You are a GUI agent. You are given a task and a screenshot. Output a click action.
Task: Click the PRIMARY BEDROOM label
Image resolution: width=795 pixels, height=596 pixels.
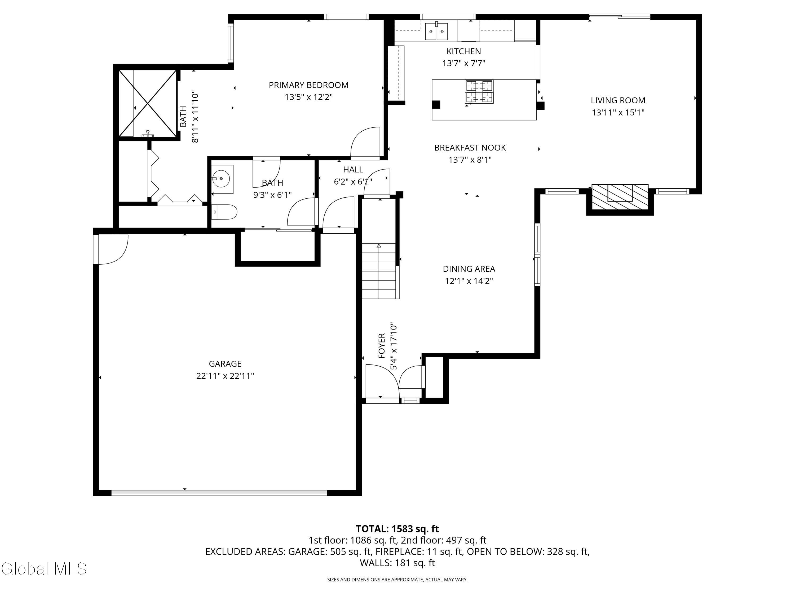pyautogui.click(x=308, y=85)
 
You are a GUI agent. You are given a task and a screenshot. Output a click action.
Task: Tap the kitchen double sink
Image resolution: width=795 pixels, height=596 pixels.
pyautogui.click(x=437, y=32)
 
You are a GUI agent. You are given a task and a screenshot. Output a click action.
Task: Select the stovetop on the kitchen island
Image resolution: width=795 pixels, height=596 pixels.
pyautogui.click(x=479, y=92)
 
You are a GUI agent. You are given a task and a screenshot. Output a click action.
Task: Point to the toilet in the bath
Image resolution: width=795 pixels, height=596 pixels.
pyautogui.click(x=224, y=212)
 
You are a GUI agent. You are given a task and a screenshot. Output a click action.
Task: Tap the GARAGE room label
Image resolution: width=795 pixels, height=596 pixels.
pyautogui.click(x=225, y=364)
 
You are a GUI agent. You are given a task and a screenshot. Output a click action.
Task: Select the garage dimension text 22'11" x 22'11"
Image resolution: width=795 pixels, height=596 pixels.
pyautogui.click(x=225, y=376)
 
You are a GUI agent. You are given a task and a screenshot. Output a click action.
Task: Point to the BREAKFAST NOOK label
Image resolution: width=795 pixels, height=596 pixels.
pyautogui.click(x=470, y=148)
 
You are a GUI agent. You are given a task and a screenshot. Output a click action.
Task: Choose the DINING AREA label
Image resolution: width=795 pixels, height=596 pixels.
pyautogui.click(x=469, y=269)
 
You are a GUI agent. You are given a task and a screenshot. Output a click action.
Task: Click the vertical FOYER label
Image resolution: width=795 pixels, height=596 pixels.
pyautogui.click(x=382, y=346)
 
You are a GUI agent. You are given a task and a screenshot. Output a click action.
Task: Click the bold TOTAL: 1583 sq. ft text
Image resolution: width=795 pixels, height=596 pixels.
pyautogui.click(x=397, y=529)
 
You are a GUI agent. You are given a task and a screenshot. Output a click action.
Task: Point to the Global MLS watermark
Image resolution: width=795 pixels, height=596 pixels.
pyautogui.click(x=44, y=569)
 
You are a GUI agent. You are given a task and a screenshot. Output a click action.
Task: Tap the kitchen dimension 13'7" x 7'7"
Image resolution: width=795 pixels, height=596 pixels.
pyautogui.click(x=464, y=64)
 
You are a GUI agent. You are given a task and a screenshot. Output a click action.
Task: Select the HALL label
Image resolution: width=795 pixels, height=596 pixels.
pyautogui.click(x=353, y=170)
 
